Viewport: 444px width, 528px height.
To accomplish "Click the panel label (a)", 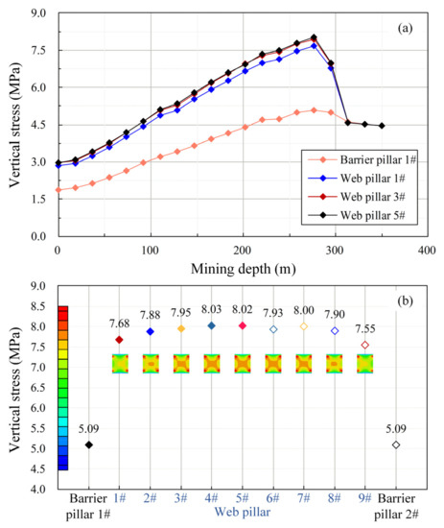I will pos(408,27).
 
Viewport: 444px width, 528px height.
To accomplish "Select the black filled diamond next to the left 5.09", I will pos(89,444).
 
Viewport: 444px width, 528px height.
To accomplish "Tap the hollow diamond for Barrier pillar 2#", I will pos(395,444).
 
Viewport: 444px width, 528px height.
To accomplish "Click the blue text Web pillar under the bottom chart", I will pos(242,515).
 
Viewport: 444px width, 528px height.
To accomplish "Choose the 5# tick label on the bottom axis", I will pos(242,500).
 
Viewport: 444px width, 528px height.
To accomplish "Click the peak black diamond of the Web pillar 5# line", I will pos(314,38).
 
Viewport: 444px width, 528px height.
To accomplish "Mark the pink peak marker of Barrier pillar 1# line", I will pos(314,109).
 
